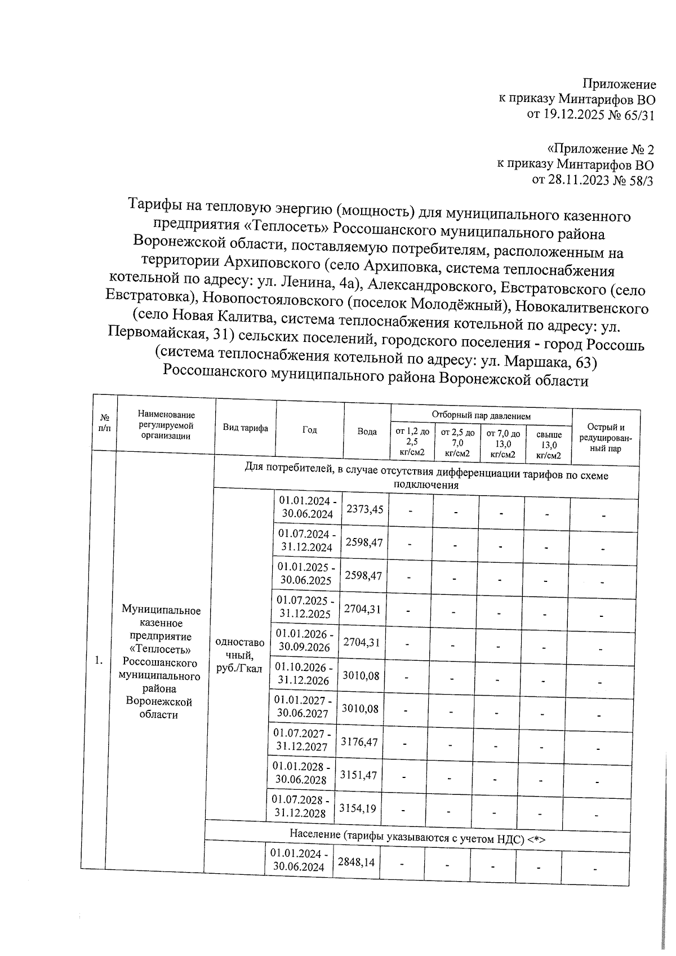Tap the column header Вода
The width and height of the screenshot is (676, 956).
(367, 432)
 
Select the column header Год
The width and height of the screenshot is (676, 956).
(309, 430)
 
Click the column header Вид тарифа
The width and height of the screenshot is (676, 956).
(245, 429)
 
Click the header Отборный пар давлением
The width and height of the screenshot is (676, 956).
(481, 416)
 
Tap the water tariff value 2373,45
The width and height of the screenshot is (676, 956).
(364, 509)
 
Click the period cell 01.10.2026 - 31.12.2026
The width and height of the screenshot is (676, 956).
(304, 674)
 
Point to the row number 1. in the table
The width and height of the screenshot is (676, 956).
(99, 660)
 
